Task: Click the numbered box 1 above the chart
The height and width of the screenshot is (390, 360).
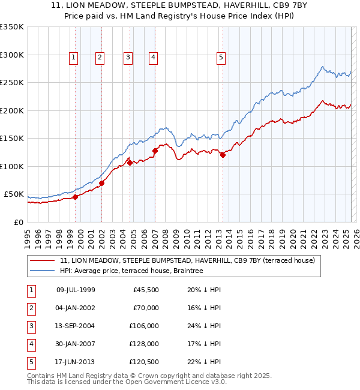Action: (x=73, y=58)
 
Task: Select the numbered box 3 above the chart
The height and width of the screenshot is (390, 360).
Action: (x=128, y=58)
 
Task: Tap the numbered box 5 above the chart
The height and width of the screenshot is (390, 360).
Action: (x=221, y=58)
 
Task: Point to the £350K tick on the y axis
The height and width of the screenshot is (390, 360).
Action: (x=12, y=27)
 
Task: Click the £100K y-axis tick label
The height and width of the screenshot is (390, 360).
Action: (x=12, y=166)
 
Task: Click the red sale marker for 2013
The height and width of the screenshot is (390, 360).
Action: (x=223, y=155)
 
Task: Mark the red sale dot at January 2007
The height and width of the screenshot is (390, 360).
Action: (x=155, y=151)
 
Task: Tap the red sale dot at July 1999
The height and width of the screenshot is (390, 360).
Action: (x=75, y=197)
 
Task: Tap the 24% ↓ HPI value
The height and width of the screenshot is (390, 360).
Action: (x=203, y=326)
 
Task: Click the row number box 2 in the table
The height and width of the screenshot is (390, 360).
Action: (x=31, y=308)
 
